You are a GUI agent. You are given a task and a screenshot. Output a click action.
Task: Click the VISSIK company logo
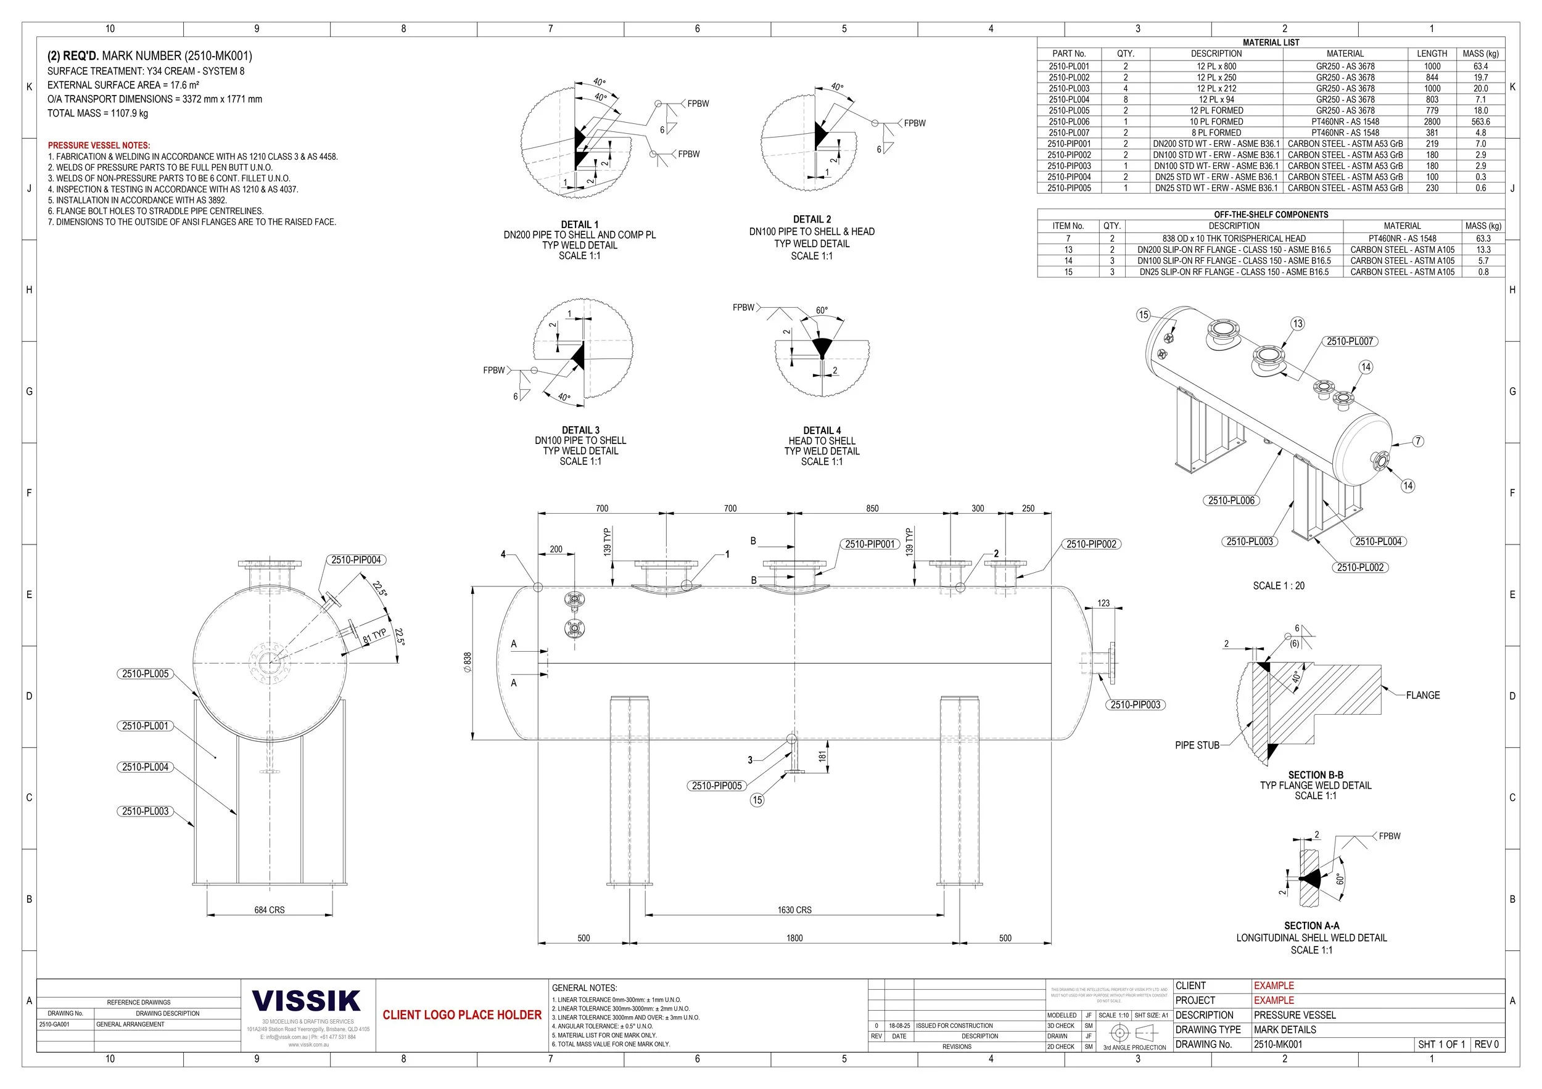click(307, 1001)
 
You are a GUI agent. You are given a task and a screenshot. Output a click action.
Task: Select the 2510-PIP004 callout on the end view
click(356, 560)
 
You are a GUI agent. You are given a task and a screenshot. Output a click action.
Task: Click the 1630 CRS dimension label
click(794, 910)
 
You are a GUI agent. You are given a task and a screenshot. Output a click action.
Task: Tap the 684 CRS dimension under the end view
click(270, 910)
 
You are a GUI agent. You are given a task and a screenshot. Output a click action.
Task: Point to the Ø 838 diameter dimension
click(468, 662)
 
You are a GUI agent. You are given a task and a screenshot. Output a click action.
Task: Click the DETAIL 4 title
click(822, 430)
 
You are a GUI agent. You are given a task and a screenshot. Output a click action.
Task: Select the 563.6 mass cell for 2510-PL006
click(1480, 121)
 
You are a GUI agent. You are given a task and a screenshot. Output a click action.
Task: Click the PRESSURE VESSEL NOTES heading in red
click(99, 145)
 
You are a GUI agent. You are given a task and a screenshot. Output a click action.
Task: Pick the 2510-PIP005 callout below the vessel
click(717, 786)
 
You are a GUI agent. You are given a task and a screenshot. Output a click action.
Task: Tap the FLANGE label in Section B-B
click(1422, 696)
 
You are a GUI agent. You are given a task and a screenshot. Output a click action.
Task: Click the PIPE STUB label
click(1197, 746)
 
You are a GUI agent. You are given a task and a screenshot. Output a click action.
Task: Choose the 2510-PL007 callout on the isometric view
click(1350, 341)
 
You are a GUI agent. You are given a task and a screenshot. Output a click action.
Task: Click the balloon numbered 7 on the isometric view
click(1418, 441)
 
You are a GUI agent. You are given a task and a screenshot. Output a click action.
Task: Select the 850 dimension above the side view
click(872, 508)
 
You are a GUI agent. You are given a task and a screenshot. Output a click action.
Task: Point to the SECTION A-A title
click(1311, 925)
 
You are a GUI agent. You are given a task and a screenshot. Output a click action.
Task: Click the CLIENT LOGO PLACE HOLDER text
click(462, 1014)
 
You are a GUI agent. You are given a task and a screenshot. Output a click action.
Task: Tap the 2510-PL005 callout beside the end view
click(146, 673)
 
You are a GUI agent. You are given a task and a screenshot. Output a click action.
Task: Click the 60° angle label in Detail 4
click(822, 310)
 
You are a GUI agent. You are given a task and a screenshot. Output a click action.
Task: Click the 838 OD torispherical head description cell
click(1234, 239)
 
